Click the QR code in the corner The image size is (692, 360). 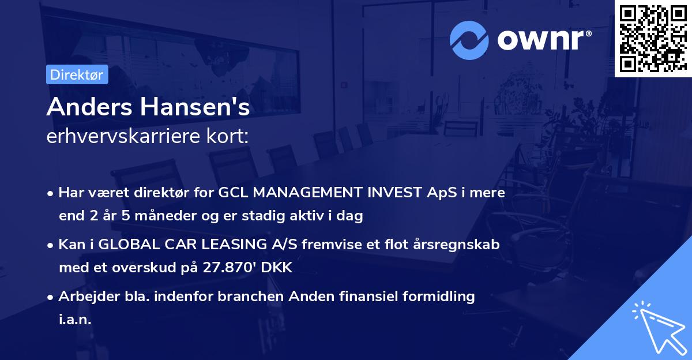[653, 39]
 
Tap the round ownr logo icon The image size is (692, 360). [469, 39]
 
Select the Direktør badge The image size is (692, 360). [77, 74]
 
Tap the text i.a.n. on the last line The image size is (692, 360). [75, 320]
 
